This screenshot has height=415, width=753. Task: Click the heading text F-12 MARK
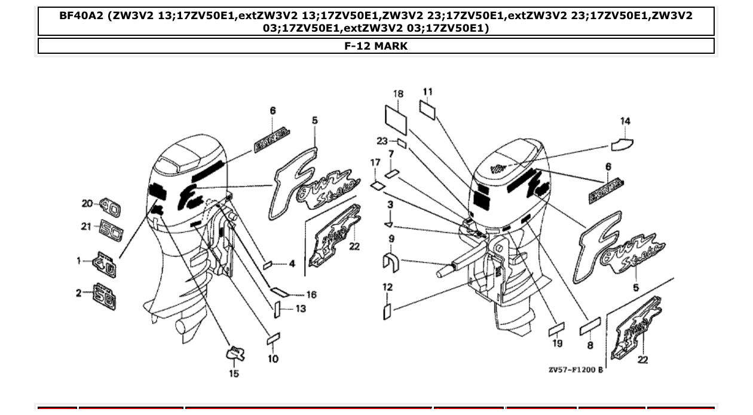376,46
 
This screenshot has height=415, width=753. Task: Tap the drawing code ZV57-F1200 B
576,370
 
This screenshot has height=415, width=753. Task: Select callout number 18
398,94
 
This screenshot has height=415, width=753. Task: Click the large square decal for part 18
395,118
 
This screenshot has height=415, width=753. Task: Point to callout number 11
427,91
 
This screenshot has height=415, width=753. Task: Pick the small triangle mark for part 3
388,225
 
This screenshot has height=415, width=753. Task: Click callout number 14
625,121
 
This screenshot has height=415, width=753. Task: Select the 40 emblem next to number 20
109,208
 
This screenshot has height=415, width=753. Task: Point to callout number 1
78,261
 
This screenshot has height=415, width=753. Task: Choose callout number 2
78,292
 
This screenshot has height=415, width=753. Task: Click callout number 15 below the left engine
234,374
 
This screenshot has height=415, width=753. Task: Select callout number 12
387,288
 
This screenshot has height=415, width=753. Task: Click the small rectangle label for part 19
556,329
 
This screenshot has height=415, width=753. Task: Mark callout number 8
590,345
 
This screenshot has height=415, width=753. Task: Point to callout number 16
311,295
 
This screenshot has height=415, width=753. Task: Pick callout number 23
382,141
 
